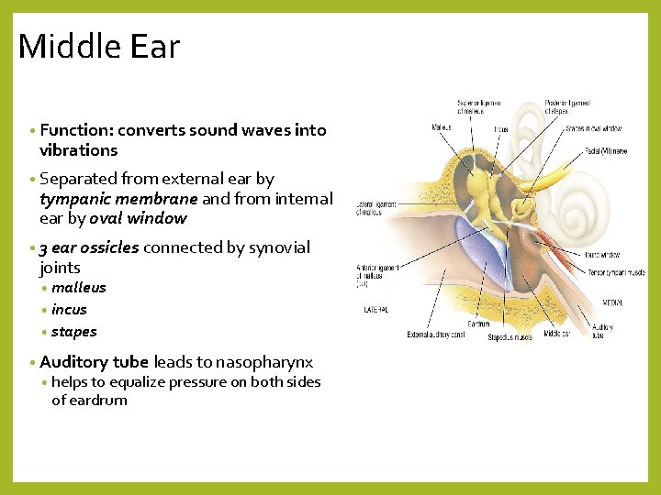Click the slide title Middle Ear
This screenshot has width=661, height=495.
tap(99, 46)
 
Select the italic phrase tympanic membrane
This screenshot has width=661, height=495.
tap(118, 199)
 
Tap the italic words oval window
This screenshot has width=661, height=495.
tap(138, 218)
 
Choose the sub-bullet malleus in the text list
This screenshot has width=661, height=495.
tap(79, 288)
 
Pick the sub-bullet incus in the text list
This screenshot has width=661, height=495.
tap(70, 310)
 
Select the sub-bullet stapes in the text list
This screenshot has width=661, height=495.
tap(74, 332)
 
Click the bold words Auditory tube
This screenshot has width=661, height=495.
tap(95, 362)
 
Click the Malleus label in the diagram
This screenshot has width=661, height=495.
tap(442, 127)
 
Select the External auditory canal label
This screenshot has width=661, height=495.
tap(437, 335)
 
